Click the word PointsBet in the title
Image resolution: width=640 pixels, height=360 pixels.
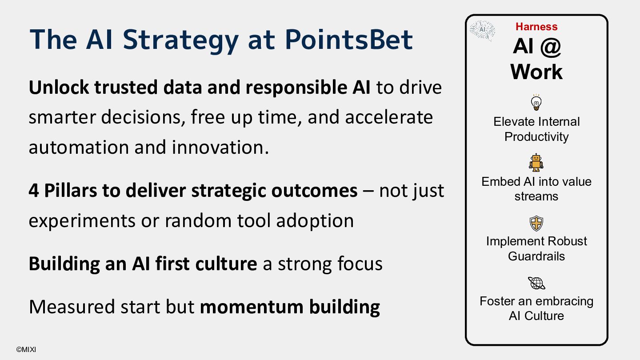349,40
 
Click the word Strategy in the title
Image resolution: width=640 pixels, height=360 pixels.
180,41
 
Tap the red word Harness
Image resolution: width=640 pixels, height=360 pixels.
536,27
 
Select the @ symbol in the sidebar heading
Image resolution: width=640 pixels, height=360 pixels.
551,47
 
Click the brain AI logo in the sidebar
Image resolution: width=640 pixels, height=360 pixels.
482,30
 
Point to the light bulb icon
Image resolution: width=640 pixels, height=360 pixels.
536,102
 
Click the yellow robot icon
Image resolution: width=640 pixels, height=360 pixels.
536,163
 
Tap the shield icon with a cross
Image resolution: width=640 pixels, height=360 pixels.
536,223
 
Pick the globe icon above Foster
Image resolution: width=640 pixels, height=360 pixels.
536,283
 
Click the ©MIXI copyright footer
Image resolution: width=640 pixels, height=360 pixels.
26,349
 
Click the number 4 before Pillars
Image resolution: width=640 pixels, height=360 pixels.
34,191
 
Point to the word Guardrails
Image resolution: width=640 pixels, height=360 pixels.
536,256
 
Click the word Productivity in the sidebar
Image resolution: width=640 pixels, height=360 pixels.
536,137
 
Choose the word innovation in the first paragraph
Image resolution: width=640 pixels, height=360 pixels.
220,148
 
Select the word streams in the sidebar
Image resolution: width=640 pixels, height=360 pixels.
536,196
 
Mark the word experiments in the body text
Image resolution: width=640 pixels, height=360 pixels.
82,221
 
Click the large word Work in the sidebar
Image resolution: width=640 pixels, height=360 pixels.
536,72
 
